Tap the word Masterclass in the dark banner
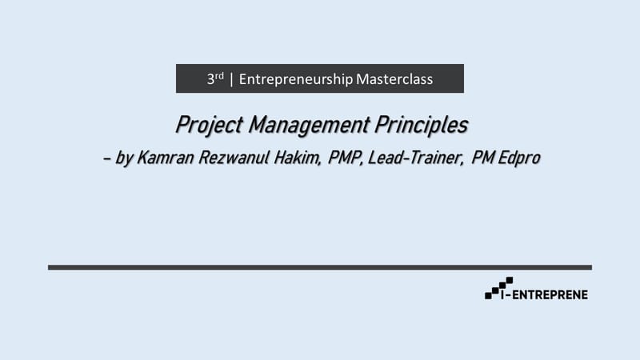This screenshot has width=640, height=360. (x=394, y=79)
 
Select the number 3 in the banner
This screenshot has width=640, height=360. (x=210, y=80)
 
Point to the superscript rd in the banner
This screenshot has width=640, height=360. (x=219, y=76)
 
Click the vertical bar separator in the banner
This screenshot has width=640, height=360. (x=231, y=79)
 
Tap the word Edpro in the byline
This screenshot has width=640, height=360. (x=519, y=158)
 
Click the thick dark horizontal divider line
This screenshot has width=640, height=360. (x=320, y=267)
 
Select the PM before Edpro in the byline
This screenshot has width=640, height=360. (x=483, y=158)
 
